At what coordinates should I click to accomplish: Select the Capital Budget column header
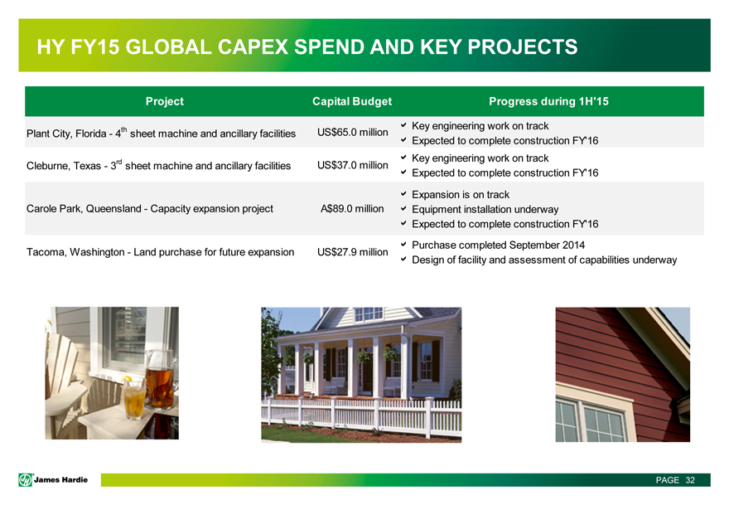[352, 101]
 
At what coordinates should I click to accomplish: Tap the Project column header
[165, 101]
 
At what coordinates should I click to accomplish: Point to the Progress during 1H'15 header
[548, 101]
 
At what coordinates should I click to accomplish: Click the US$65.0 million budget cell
[352, 132]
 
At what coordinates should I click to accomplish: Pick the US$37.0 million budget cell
[352, 165]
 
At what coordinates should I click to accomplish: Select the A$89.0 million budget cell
[352, 208]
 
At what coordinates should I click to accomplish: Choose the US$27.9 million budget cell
[352, 252]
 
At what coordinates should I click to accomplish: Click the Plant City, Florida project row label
[161, 134]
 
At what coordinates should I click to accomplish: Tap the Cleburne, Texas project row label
[158, 165]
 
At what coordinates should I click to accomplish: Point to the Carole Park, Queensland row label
[150, 208]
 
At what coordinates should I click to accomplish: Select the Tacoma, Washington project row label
[161, 252]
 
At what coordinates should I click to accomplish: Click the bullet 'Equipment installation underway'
[485, 210]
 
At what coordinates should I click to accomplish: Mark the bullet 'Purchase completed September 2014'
[498, 245]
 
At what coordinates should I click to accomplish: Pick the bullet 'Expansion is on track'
[461, 195]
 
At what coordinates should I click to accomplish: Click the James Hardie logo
[53, 480]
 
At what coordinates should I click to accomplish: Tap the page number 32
[690, 480]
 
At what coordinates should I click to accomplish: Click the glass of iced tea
[135, 398]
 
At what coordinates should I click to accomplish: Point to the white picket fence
[361, 416]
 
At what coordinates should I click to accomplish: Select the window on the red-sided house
[591, 420]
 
